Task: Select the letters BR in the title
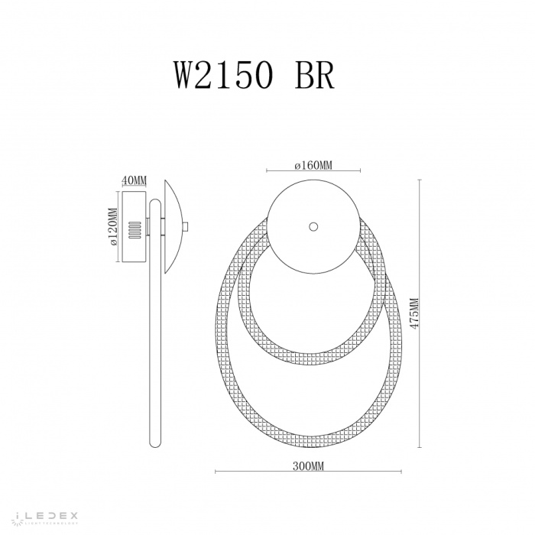(314, 76)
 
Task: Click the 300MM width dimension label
(308, 466)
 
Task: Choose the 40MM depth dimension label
(134, 180)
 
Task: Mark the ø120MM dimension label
(112, 228)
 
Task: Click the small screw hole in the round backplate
(312, 226)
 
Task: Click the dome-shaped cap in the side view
(172, 226)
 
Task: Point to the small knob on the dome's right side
(186, 225)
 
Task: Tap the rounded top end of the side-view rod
(155, 203)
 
